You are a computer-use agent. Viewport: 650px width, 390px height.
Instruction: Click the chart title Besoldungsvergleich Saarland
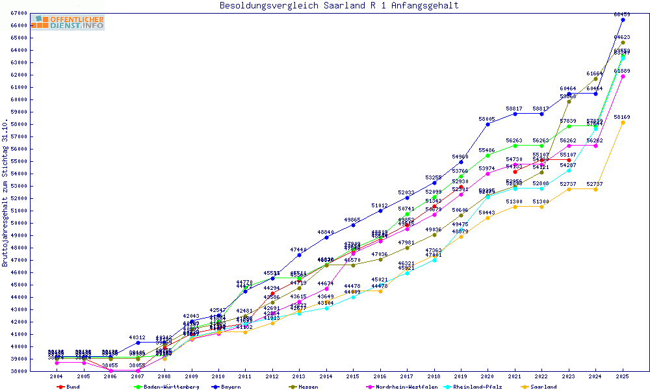tap(339, 6)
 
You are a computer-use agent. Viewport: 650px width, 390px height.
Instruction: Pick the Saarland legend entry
tap(543, 387)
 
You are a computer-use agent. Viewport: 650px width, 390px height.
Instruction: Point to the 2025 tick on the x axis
tap(623, 376)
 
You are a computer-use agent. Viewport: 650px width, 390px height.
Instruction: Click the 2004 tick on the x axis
tap(57, 376)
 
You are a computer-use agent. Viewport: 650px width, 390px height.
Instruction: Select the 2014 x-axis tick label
tap(326, 376)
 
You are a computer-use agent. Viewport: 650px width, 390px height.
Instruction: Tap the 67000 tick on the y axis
tap(19, 13)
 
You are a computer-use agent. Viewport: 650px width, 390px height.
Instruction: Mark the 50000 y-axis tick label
tap(19, 223)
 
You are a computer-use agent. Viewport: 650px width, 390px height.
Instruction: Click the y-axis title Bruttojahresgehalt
tap(5, 193)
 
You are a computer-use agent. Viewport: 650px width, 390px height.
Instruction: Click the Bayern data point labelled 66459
tap(623, 19)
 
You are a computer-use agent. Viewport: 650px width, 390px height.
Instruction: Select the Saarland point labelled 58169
tap(623, 122)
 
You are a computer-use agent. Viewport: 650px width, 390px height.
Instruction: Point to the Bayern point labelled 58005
tap(487, 124)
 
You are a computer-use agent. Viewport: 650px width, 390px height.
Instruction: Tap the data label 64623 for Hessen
tap(622, 38)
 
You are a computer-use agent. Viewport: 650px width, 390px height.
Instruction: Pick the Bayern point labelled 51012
tap(380, 211)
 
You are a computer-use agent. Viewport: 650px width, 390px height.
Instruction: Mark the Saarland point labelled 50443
tap(487, 217)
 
